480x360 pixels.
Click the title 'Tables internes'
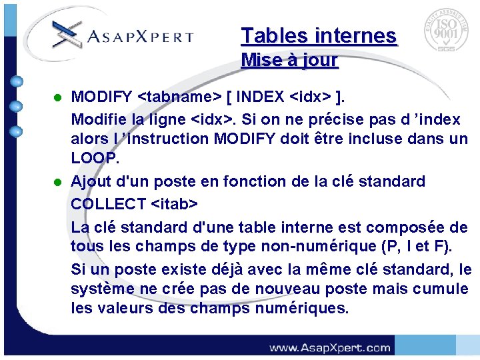319,35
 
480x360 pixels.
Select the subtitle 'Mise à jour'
289,60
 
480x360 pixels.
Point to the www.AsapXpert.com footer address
329,347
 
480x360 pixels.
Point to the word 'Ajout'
91,181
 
